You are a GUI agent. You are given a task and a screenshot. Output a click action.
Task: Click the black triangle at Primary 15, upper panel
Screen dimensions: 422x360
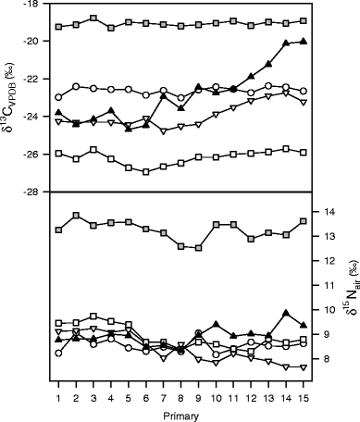pyautogui.click(x=304, y=42)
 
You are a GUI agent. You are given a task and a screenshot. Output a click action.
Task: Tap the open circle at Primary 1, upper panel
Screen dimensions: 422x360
pyautogui.click(x=58, y=96)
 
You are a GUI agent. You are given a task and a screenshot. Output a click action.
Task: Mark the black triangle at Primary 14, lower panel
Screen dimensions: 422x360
pyautogui.click(x=286, y=313)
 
